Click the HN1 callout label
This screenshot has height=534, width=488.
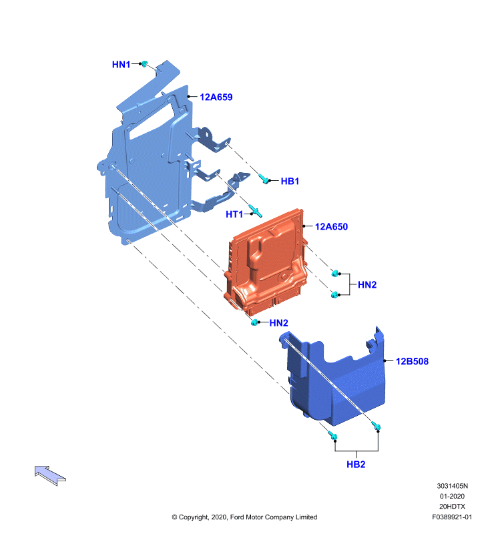pyautogui.click(x=121, y=64)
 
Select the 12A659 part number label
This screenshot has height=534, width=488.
pyautogui.click(x=216, y=97)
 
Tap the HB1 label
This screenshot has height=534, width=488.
pyautogui.click(x=290, y=181)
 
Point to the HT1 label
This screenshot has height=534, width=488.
pyautogui.click(x=234, y=214)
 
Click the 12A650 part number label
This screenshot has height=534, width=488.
pyautogui.click(x=331, y=226)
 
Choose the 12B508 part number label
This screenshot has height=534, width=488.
pyautogui.click(x=412, y=361)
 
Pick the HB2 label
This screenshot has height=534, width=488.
pyautogui.click(x=356, y=464)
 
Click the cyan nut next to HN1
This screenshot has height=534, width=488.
pyautogui.click(x=144, y=63)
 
